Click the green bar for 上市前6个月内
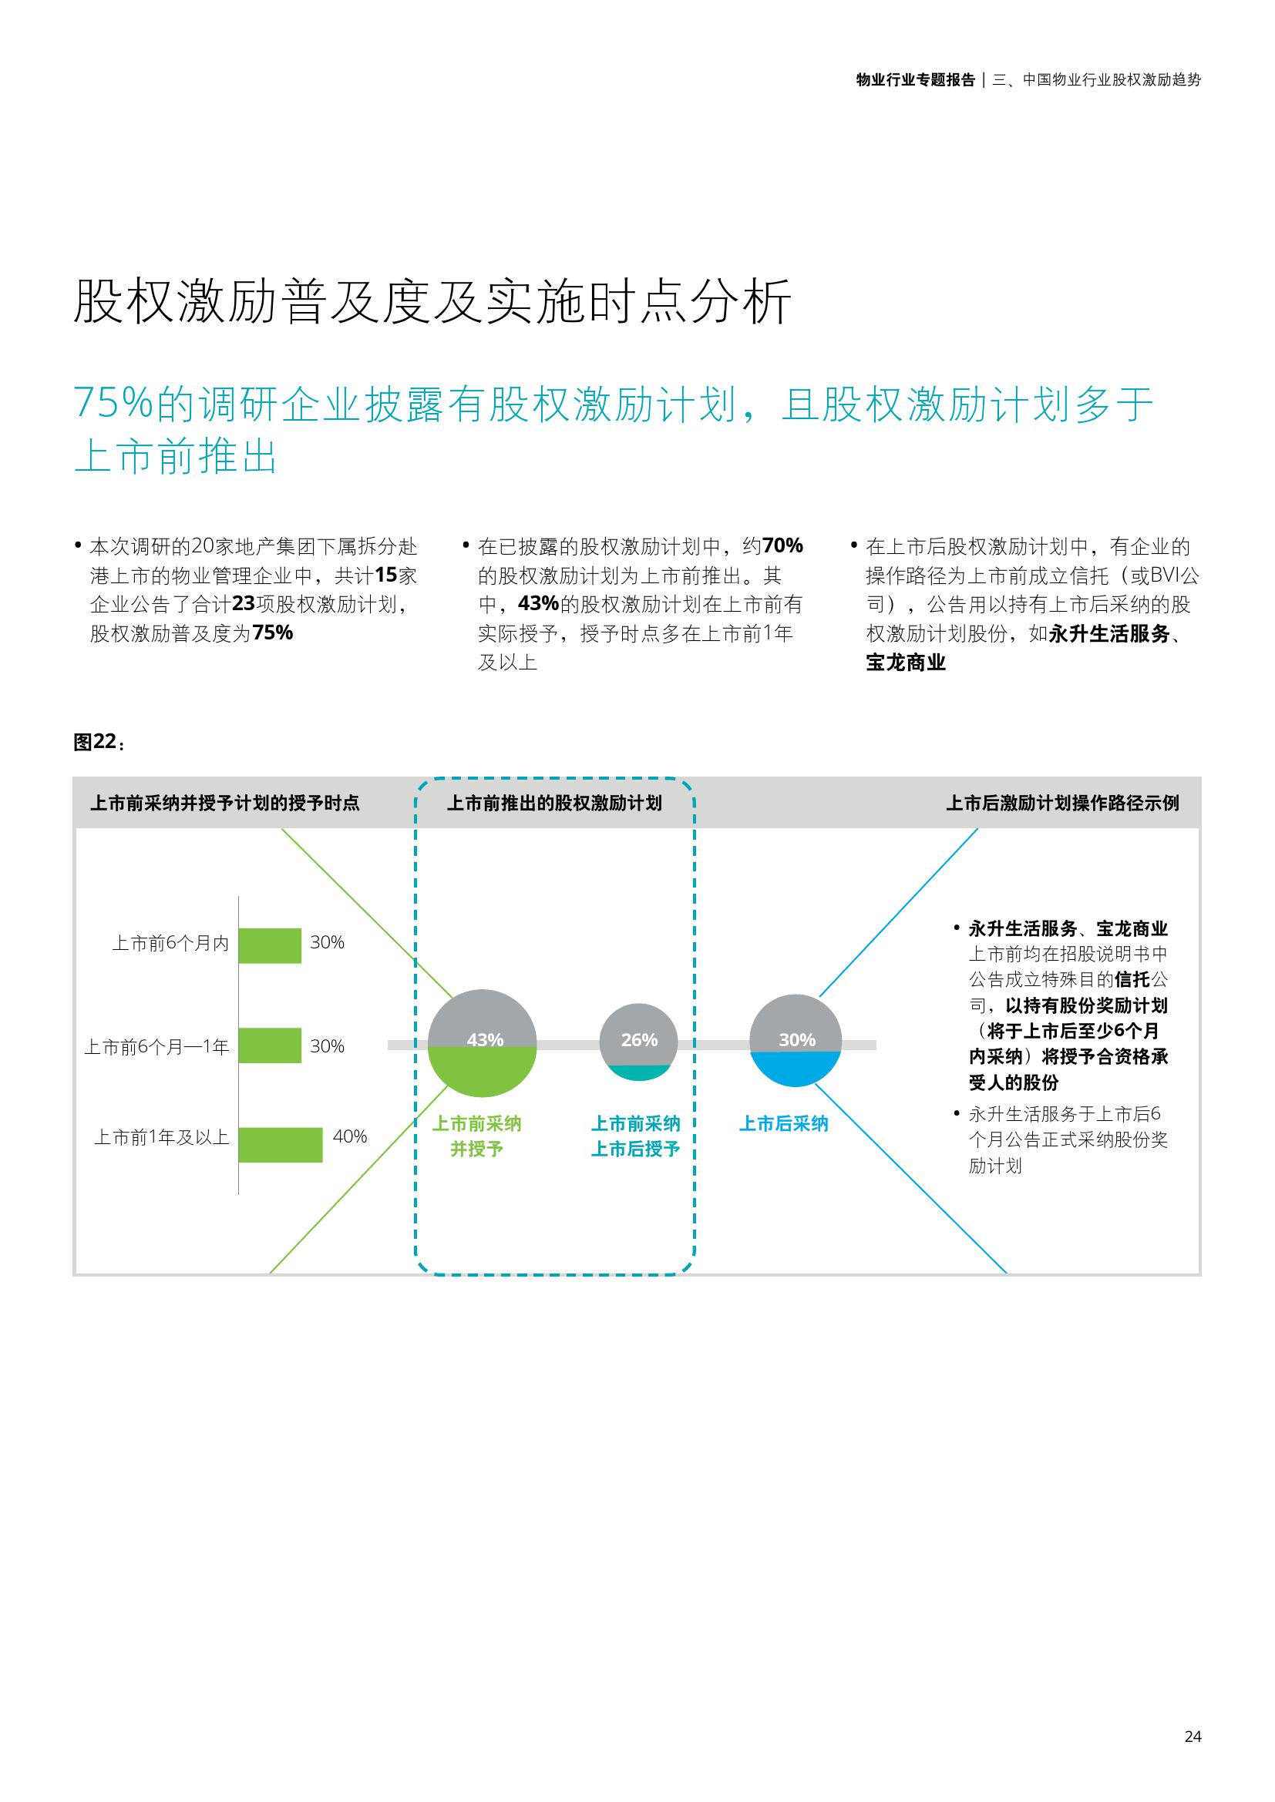pos(270,946)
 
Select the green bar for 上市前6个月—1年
pos(270,1045)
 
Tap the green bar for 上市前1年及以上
pos(281,1145)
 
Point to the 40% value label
pos(350,1136)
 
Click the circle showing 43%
pos(482,1043)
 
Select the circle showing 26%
pos(638,1042)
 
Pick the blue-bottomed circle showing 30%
pos(796,1041)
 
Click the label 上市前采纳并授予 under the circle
pos(476,1136)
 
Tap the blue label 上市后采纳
pos(783,1124)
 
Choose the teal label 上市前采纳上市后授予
pos(635,1136)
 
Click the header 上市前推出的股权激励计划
pos(554,803)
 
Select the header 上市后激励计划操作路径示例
pos(1062,803)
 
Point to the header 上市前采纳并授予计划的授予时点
pos(224,803)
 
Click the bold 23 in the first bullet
pos(244,604)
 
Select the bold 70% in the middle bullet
pos(782,545)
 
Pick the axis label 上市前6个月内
pos(170,944)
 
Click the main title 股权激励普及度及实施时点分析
pos(432,300)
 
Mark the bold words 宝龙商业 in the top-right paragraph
pos(906,663)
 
